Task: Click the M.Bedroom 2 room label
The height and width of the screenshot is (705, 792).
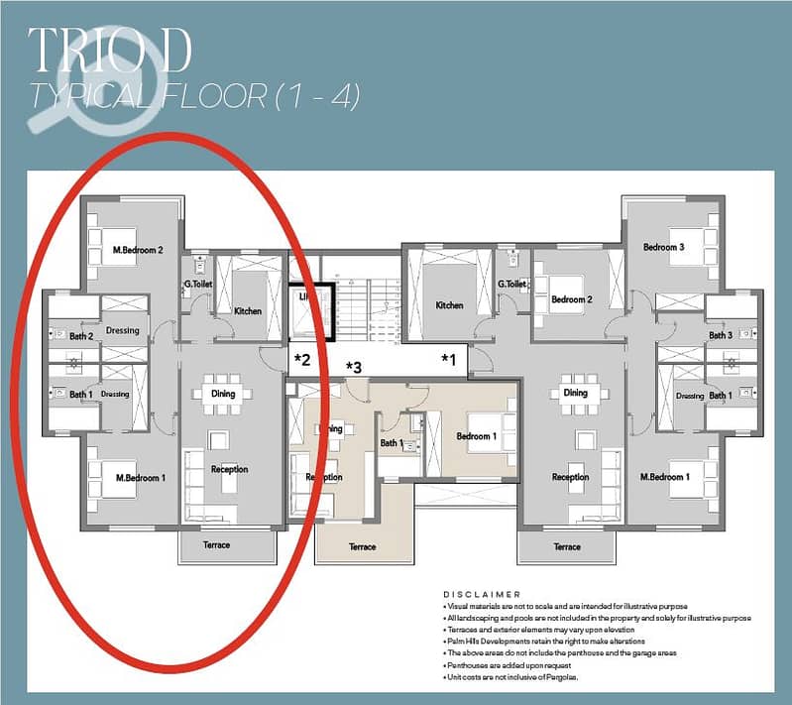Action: (x=138, y=250)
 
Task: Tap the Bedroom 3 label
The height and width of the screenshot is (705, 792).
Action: (x=663, y=247)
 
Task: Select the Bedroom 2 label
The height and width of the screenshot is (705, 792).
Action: (x=572, y=299)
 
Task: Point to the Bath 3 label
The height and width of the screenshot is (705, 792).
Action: (x=721, y=335)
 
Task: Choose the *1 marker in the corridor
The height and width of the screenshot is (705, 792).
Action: (x=449, y=358)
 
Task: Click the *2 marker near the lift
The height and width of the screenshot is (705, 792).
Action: (x=302, y=359)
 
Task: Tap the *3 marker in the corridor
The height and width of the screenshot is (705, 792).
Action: (x=353, y=368)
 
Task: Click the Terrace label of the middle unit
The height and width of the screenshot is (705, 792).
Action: (x=363, y=546)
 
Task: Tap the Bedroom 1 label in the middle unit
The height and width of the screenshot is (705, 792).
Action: (x=475, y=436)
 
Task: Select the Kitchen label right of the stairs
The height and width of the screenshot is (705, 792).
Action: (x=449, y=305)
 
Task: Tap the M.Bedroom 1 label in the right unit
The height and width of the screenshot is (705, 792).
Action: (x=663, y=477)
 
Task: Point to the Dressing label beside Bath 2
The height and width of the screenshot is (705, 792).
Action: (x=122, y=330)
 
